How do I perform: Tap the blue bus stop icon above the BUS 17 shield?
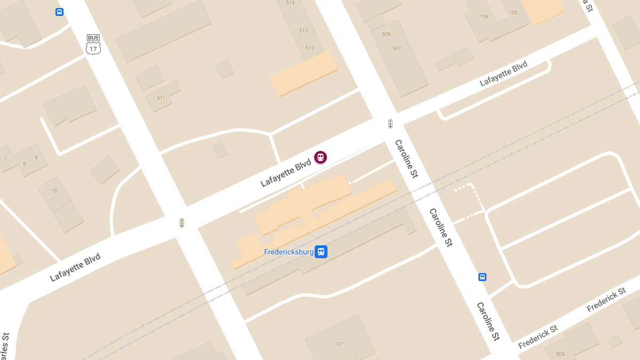pos(59,12)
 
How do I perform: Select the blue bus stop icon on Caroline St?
pos(482,277)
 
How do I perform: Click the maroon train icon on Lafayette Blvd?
pos(320,157)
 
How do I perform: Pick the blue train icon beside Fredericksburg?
pos(321,252)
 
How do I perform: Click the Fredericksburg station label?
pos(289,252)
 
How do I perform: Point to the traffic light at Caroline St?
pos(390,124)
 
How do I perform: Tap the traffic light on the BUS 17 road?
pos(182,223)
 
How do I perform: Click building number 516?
pos(290,3)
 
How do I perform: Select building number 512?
pos(303,30)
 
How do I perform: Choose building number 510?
pos(310,48)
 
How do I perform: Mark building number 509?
pos(386,34)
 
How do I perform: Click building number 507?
pos(397,49)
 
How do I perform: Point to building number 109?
pos(484,17)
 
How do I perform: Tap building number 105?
pos(513,13)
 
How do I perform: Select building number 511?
pos(161,98)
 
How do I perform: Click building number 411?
pos(341,343)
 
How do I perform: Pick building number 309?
pos(560,354)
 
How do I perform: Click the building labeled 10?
pos(54,190)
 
